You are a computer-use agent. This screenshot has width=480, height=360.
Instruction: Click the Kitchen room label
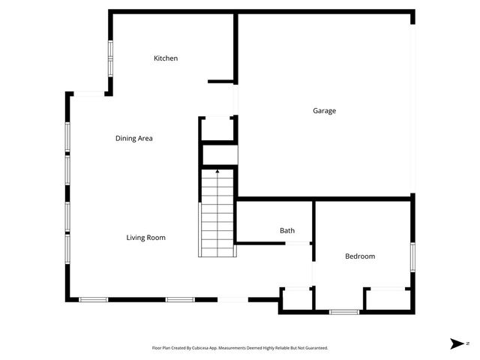click(x=166, y=58)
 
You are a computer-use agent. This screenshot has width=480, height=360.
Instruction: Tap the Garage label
click(x=324, y=111)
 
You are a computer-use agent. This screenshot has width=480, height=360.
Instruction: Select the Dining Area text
click(x=134, y=138)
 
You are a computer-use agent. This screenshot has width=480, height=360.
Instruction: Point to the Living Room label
click(x=145, y=238)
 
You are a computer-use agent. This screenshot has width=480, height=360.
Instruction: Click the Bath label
click(x=286, y=231)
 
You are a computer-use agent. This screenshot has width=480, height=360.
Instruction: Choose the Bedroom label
click(x=359, y=256)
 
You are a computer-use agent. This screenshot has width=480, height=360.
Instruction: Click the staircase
click(x=217, y=214)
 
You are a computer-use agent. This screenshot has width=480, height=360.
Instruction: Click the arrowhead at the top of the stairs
click(x=217, y=172)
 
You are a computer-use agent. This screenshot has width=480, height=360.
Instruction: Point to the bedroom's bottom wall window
click(x=344, y=311)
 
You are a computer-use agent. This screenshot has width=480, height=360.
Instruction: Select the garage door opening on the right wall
click(x=412, y=105)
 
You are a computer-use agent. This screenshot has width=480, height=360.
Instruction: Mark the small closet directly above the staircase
click(x=219, y=155)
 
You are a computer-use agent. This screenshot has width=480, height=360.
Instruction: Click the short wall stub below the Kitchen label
click(x=221, y=81)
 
